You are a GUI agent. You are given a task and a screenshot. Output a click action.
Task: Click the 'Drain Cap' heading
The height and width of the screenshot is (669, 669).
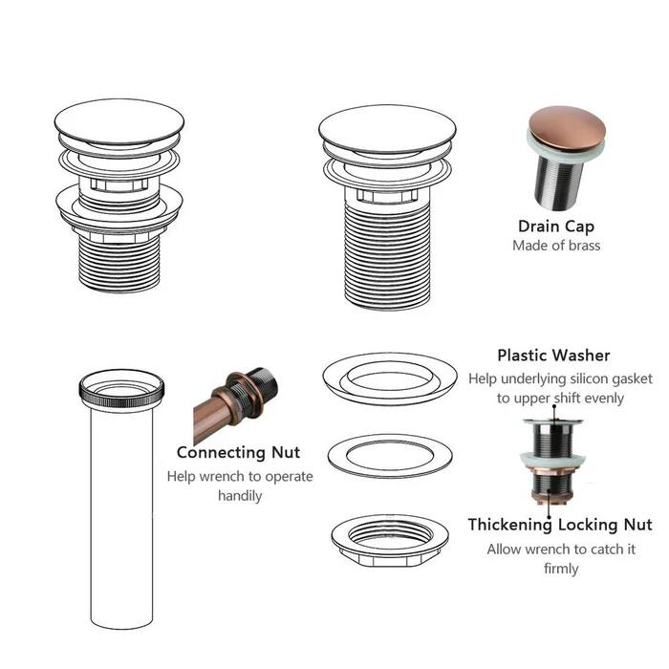pos(555,227)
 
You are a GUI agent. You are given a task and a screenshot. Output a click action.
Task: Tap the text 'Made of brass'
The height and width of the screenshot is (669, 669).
pos(556,246)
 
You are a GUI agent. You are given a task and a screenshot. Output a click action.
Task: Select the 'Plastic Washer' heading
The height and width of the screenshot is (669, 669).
pos(553,356)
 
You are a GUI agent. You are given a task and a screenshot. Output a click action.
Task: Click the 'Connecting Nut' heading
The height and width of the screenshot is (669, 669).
pos(238,452)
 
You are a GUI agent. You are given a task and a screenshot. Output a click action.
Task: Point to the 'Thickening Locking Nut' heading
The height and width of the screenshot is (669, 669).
pos(559,525)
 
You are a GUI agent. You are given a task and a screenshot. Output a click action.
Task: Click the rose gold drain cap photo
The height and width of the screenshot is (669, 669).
pos(556,162)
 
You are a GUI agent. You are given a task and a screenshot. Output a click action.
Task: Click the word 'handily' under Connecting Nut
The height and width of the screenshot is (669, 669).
pos(239,496)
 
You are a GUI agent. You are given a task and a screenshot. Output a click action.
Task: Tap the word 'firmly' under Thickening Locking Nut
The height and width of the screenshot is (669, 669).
pos(559,569)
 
